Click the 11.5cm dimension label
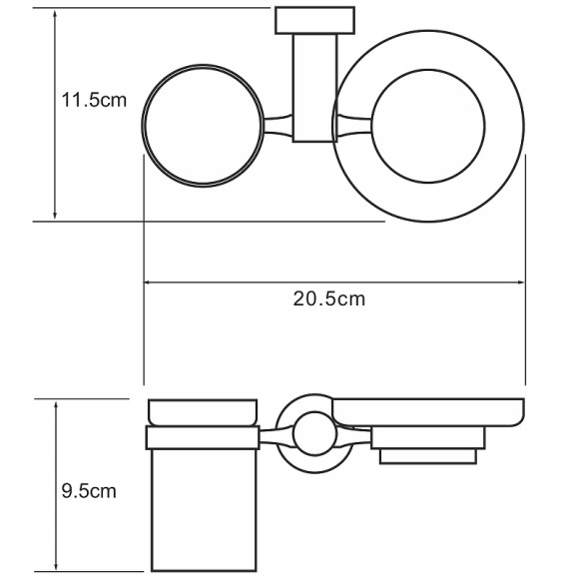click(x=94, y=100)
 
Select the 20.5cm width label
click(x=329, y=298)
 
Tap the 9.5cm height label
click(x=89, y=491)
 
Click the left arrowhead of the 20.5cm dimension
click(x=147, y=283)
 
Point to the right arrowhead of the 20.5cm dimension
click(x=521, y=283)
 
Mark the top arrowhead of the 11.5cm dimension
click(x=55, y=14)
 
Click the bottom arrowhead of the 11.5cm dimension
click(x=55, y=215)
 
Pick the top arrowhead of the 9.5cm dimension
click(x=56, y=405)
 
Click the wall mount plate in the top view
click(x=315, y=20)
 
